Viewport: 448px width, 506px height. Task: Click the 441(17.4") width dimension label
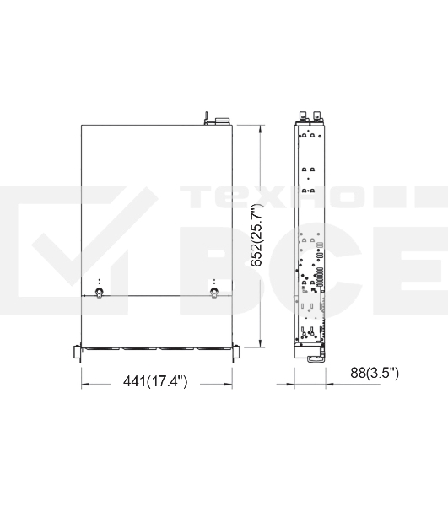155,382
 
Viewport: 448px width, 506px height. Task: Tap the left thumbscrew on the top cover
100,293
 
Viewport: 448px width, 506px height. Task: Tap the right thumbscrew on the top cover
213,293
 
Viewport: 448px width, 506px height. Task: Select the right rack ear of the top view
235,352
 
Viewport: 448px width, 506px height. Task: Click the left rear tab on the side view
301,116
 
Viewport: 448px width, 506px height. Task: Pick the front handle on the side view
316,357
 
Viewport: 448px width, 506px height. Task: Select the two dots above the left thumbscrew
100,281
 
